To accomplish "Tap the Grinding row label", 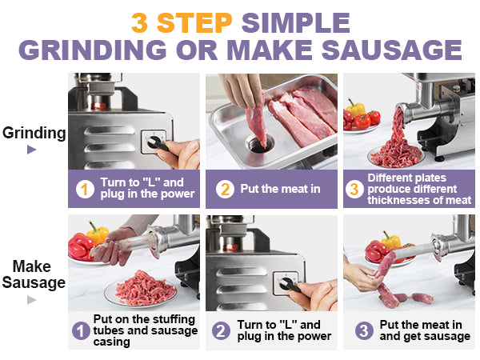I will pos(34,133).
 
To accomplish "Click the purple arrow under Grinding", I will pos(32,150).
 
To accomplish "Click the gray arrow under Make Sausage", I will pos(32,300).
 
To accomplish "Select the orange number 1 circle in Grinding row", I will pos(85,189).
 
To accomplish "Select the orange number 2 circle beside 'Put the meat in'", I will pos(226,189).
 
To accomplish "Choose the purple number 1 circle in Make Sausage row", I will pos(81,330).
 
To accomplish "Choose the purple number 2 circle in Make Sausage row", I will pos(221,330).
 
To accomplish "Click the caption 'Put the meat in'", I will pos(279,189).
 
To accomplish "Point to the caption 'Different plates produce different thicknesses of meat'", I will pos(418,189).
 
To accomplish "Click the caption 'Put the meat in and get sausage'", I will pos(424,330).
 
